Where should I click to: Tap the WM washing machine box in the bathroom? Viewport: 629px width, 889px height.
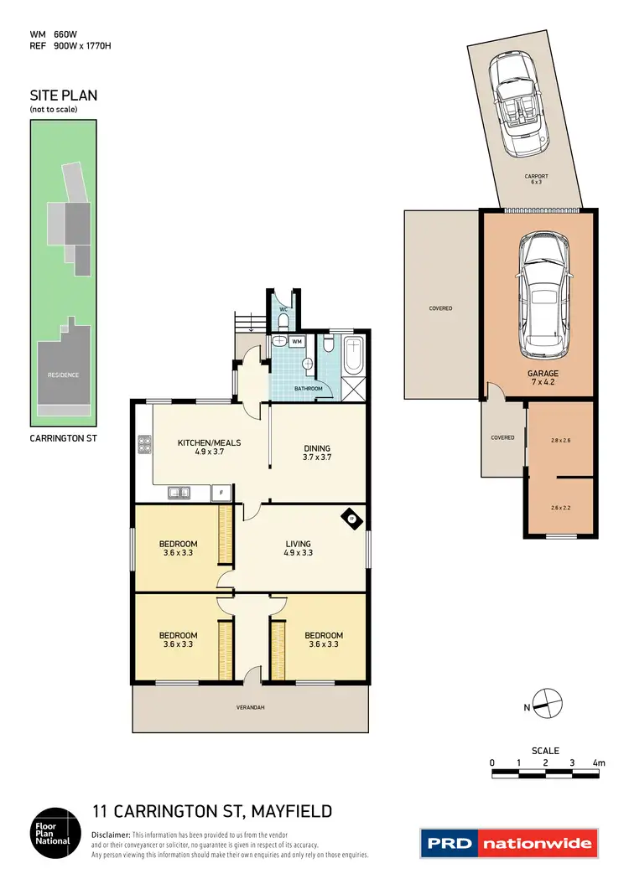[x=297, y=342]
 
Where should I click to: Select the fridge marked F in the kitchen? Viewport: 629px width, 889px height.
[x=221, y=494]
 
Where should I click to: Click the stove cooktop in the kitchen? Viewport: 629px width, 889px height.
[x=143, y=444]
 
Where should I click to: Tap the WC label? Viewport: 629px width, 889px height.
[x=283, y=310]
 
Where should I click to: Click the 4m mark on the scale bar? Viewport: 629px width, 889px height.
[x=598, y=762]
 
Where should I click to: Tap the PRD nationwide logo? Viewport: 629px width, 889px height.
[x=509, y=843]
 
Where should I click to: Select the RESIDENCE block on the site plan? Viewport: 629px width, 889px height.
[x=63, y=375]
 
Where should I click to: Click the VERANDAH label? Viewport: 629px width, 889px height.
[x=250, y=708]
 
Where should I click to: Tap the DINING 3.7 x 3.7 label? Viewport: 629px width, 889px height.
[x=317, y=452]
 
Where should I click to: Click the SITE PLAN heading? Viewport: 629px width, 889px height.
[x=63, y=96]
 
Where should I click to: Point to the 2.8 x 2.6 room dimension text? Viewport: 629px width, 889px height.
[x=560, y=440]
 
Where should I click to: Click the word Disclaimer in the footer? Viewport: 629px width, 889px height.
[x=111, y=835]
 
